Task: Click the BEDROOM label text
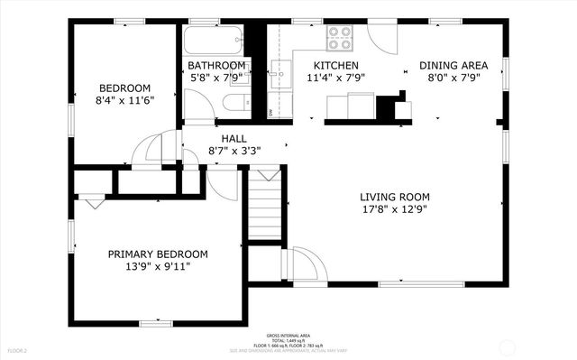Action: pyautogui.click(x=124, y=88)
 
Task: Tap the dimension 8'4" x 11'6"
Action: pyautogui.click(x=124, y=100)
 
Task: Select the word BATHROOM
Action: pyautogui.click(x=216, y=66)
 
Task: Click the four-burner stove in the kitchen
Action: pyautogui.click(x=339, y=37)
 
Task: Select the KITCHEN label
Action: pyautogui.click(x=335, y=66)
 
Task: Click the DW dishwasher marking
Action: pyautogui.click(x=271, y=112)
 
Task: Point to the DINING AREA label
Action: pyautogui.click(x=453, y=66)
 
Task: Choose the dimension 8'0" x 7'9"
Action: pyautogui.click(x=453, y=78)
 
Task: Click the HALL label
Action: pyautogui.click(x=234, y=138)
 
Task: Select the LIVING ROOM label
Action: pyautogui.click(x=395, y=197)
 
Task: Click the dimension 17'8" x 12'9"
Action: pyautogui.click(x=395, y=209)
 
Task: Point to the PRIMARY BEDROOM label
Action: pyautogui.click(x=158, y=254)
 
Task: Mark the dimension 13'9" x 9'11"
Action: pyautogui.click(x=158, y=267)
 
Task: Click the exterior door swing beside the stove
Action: pyautogui.click(x=381, y=38)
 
